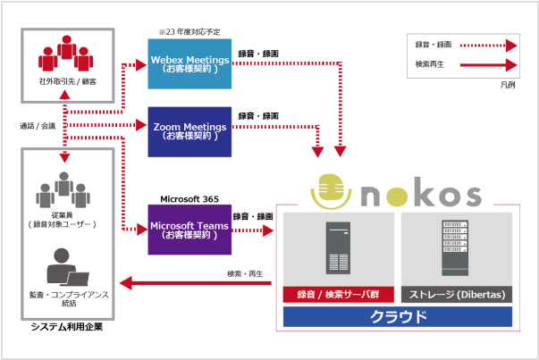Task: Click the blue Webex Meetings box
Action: (190, 64)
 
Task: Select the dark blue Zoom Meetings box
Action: (190, 131)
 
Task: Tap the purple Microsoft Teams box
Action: (190, 230)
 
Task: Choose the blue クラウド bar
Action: (397, 316)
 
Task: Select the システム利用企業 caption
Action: (67, 327)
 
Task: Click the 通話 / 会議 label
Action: (38, 126)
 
